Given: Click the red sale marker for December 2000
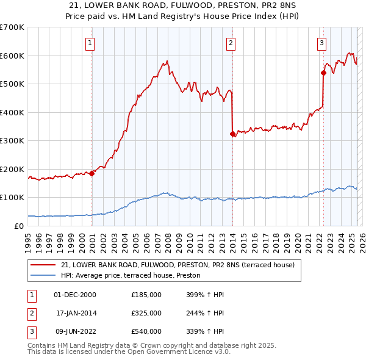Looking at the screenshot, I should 92,173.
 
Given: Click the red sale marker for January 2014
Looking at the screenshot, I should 232,134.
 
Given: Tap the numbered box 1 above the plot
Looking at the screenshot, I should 90,43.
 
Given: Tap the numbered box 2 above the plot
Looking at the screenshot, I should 231,43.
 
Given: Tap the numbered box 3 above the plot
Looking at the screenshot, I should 321,43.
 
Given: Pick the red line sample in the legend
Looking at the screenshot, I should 43,265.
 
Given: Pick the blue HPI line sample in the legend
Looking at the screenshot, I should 43,276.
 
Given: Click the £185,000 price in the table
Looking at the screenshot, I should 146,295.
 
